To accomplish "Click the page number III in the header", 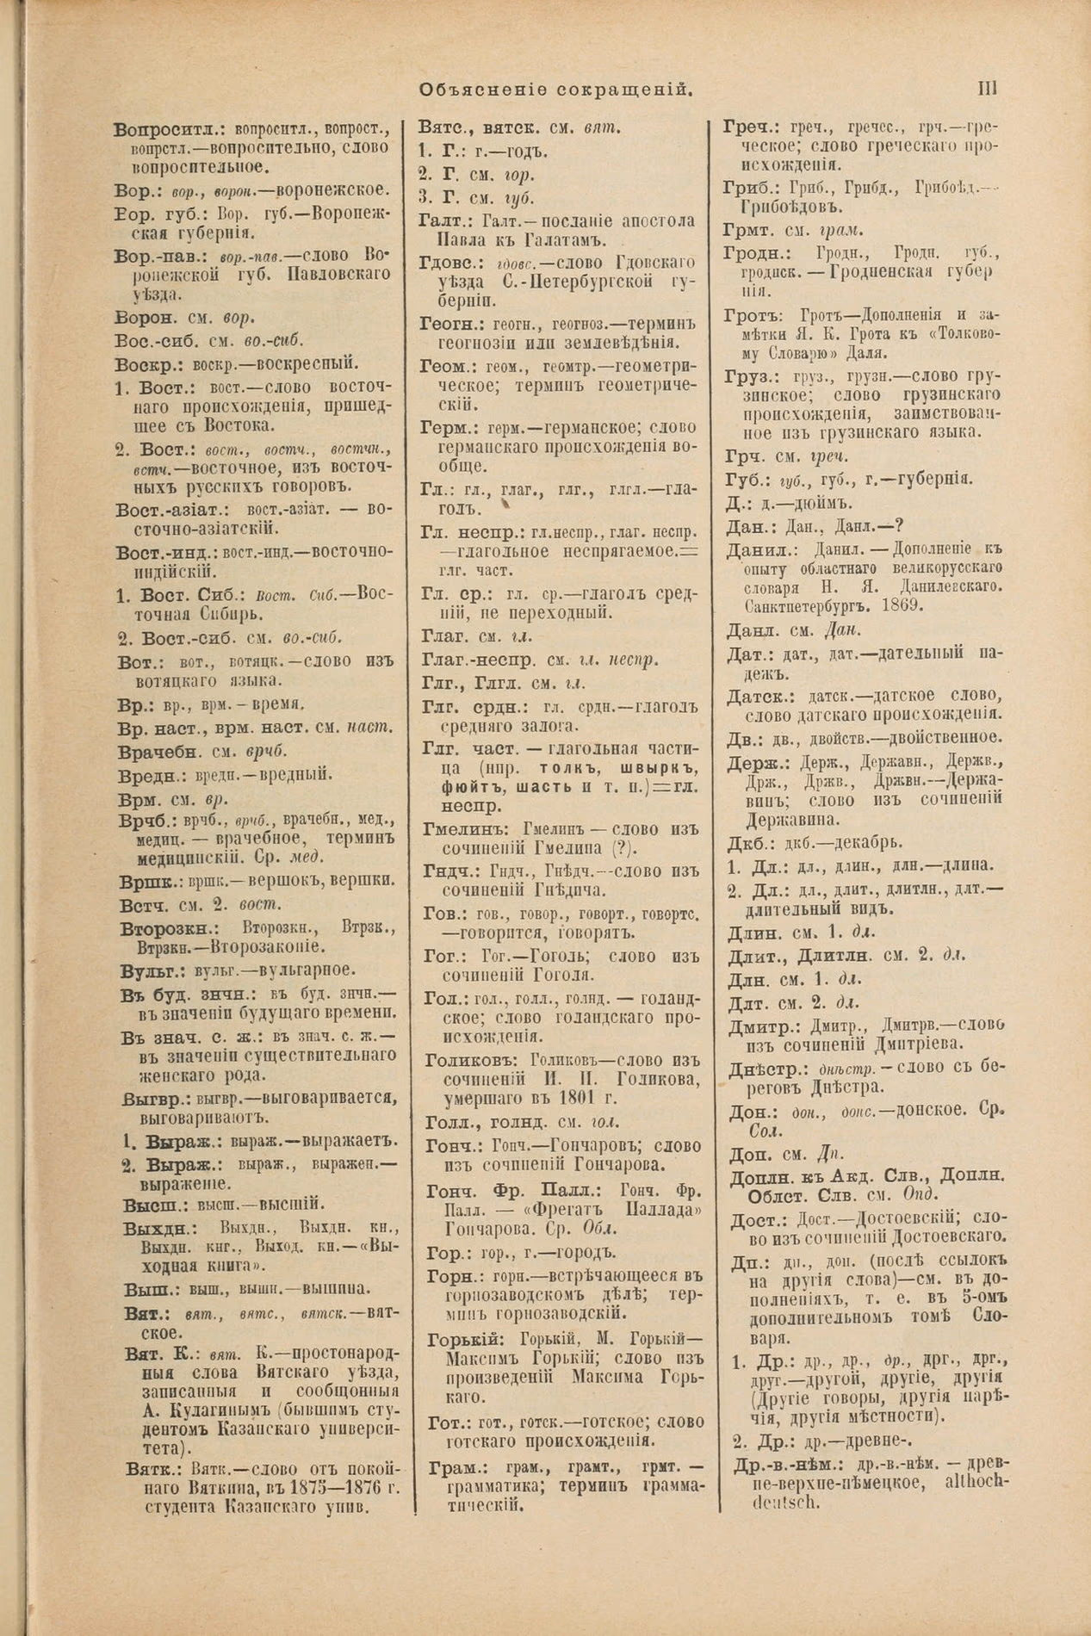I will [987, 88].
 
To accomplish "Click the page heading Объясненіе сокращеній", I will [556, 89].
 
